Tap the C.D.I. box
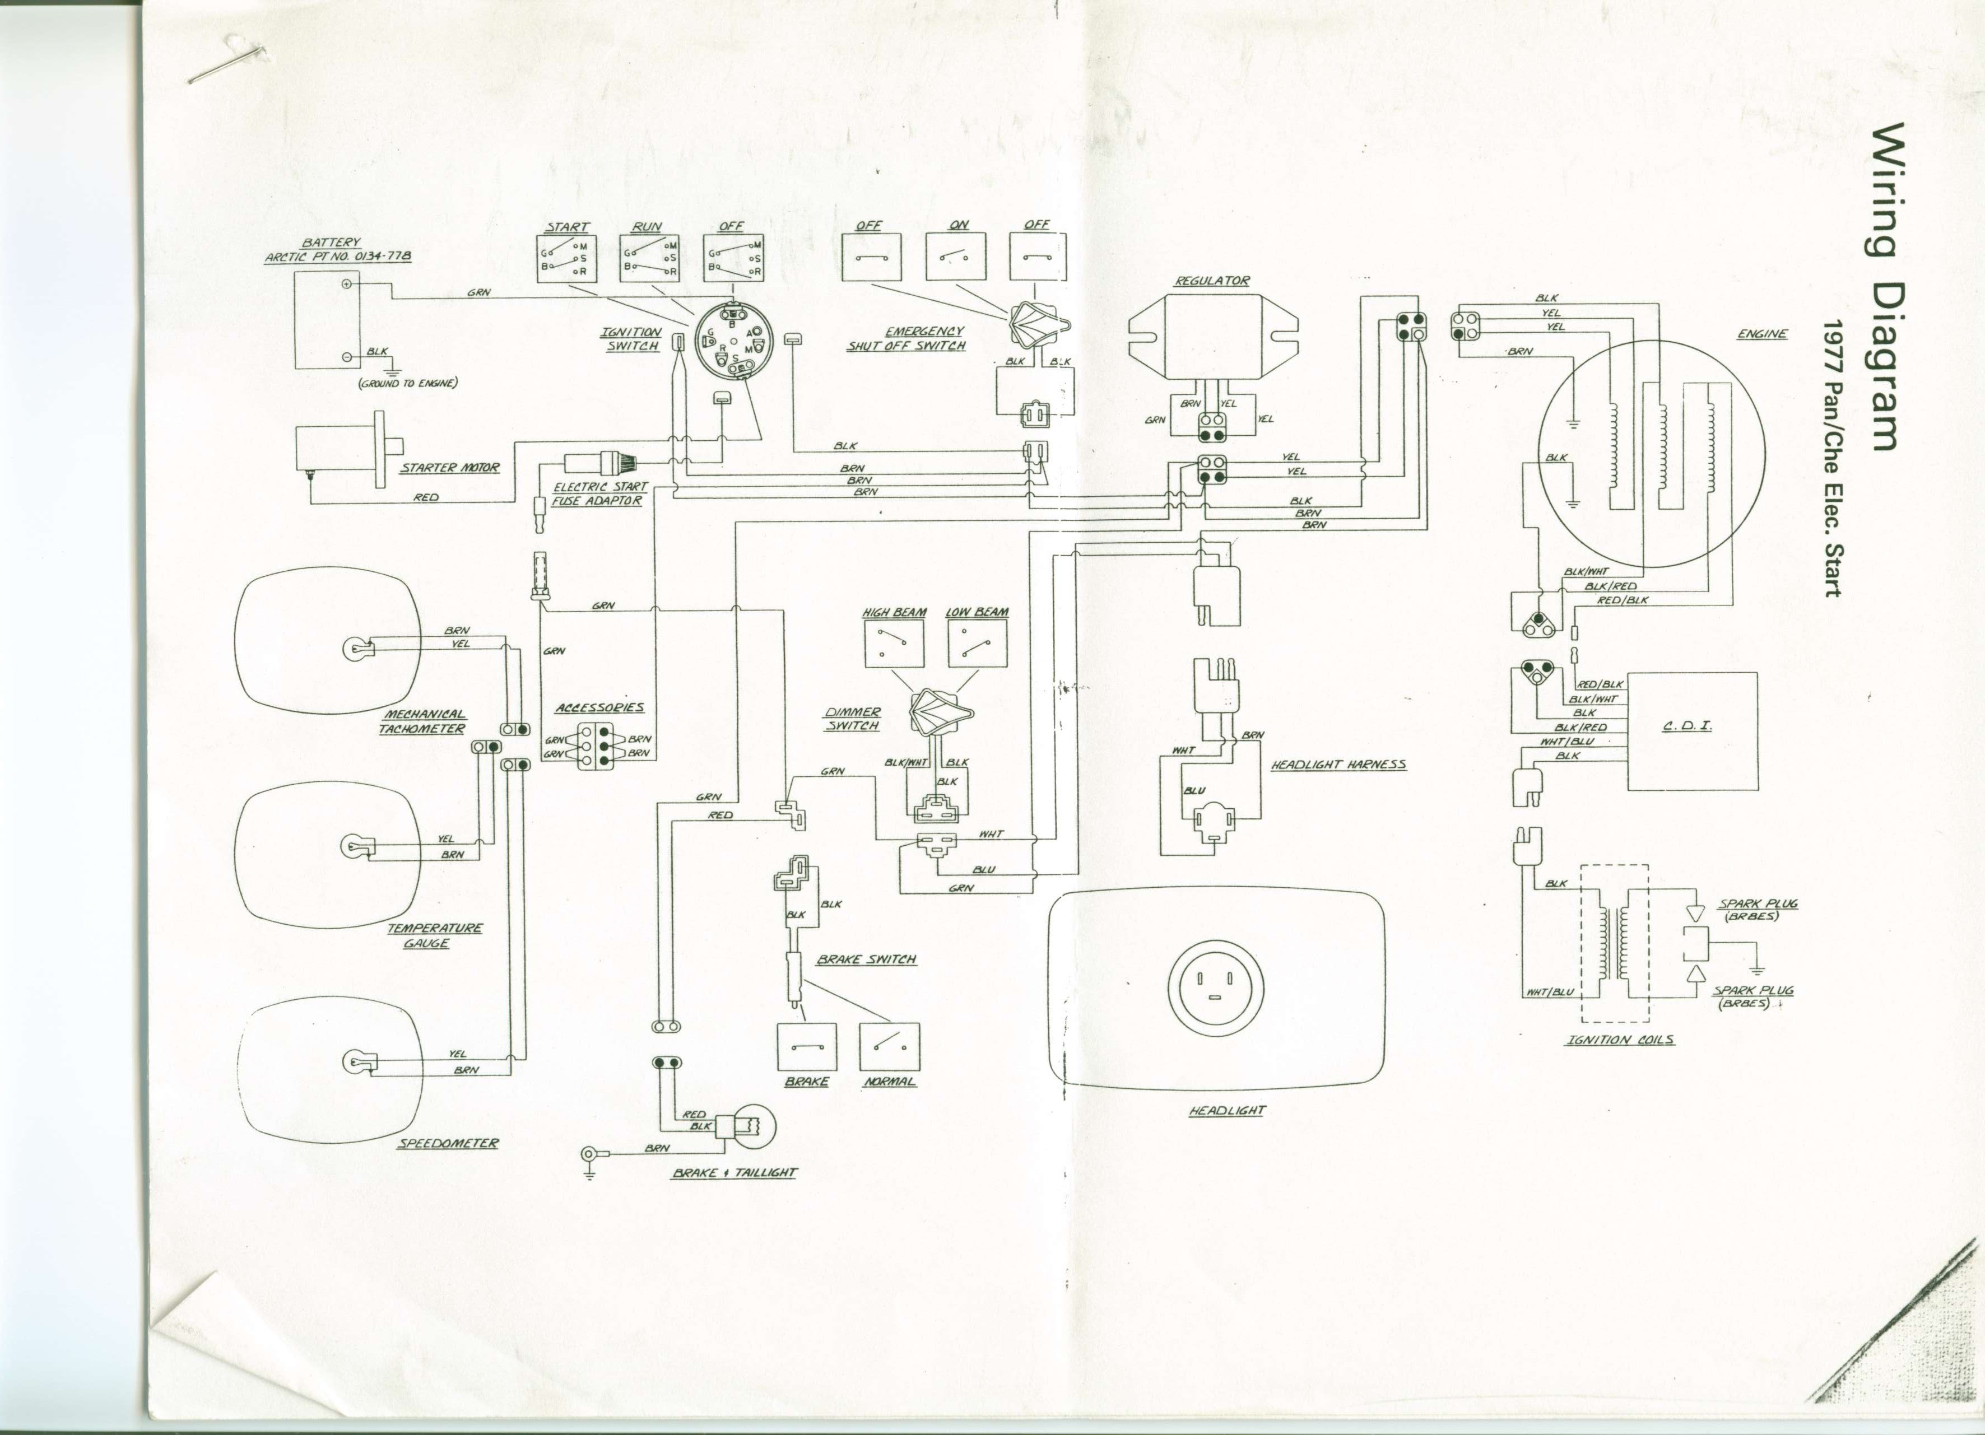1692,732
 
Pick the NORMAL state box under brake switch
889,1046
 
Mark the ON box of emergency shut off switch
956,257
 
